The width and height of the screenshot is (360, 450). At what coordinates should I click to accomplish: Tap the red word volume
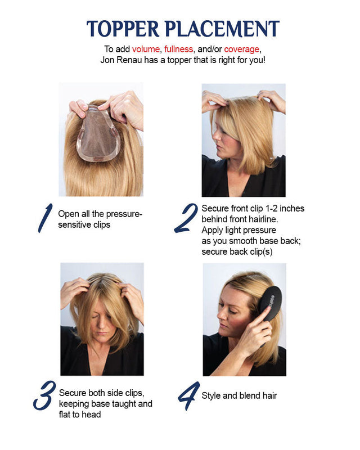[146, 49]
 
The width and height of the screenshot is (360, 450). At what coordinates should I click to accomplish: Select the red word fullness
[178, 49]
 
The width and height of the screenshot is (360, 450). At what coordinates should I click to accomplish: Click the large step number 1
[45, 219]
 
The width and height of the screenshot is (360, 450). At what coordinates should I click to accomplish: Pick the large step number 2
[186, 218]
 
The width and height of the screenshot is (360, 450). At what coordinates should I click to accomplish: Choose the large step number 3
[44, 396]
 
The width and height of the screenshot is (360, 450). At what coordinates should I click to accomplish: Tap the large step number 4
[188, 396]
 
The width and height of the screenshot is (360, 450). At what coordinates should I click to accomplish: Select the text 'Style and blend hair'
[239, 395]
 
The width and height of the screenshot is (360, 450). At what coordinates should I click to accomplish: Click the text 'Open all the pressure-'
[100, 214]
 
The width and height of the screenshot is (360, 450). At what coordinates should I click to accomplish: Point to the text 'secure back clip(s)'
[237, 251]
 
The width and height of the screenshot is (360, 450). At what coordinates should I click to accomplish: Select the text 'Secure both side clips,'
[102, 393]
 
